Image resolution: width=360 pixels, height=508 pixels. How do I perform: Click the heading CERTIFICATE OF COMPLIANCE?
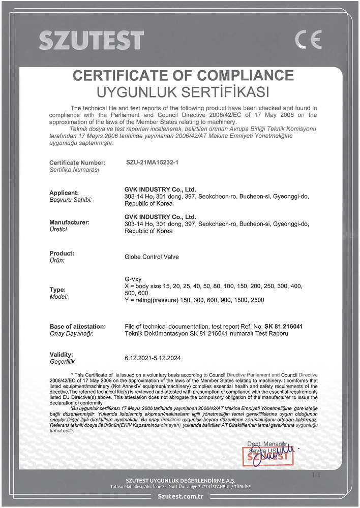(183, 76)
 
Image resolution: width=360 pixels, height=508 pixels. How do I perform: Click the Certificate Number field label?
(77, 163)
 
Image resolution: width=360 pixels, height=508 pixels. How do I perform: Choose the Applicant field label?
(64, 193)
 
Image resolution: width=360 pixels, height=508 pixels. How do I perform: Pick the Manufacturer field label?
(69, 222)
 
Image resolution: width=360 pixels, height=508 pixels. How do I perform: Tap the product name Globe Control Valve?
(152, 257)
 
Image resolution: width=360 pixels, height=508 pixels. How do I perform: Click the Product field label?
(62, 253)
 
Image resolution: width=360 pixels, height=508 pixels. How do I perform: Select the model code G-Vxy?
(133, 280)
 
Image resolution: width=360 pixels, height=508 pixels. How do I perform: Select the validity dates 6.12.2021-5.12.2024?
(153, 358)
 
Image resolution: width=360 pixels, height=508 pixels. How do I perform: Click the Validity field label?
(62, 354)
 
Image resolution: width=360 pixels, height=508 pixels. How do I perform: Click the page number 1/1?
(315, 474)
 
